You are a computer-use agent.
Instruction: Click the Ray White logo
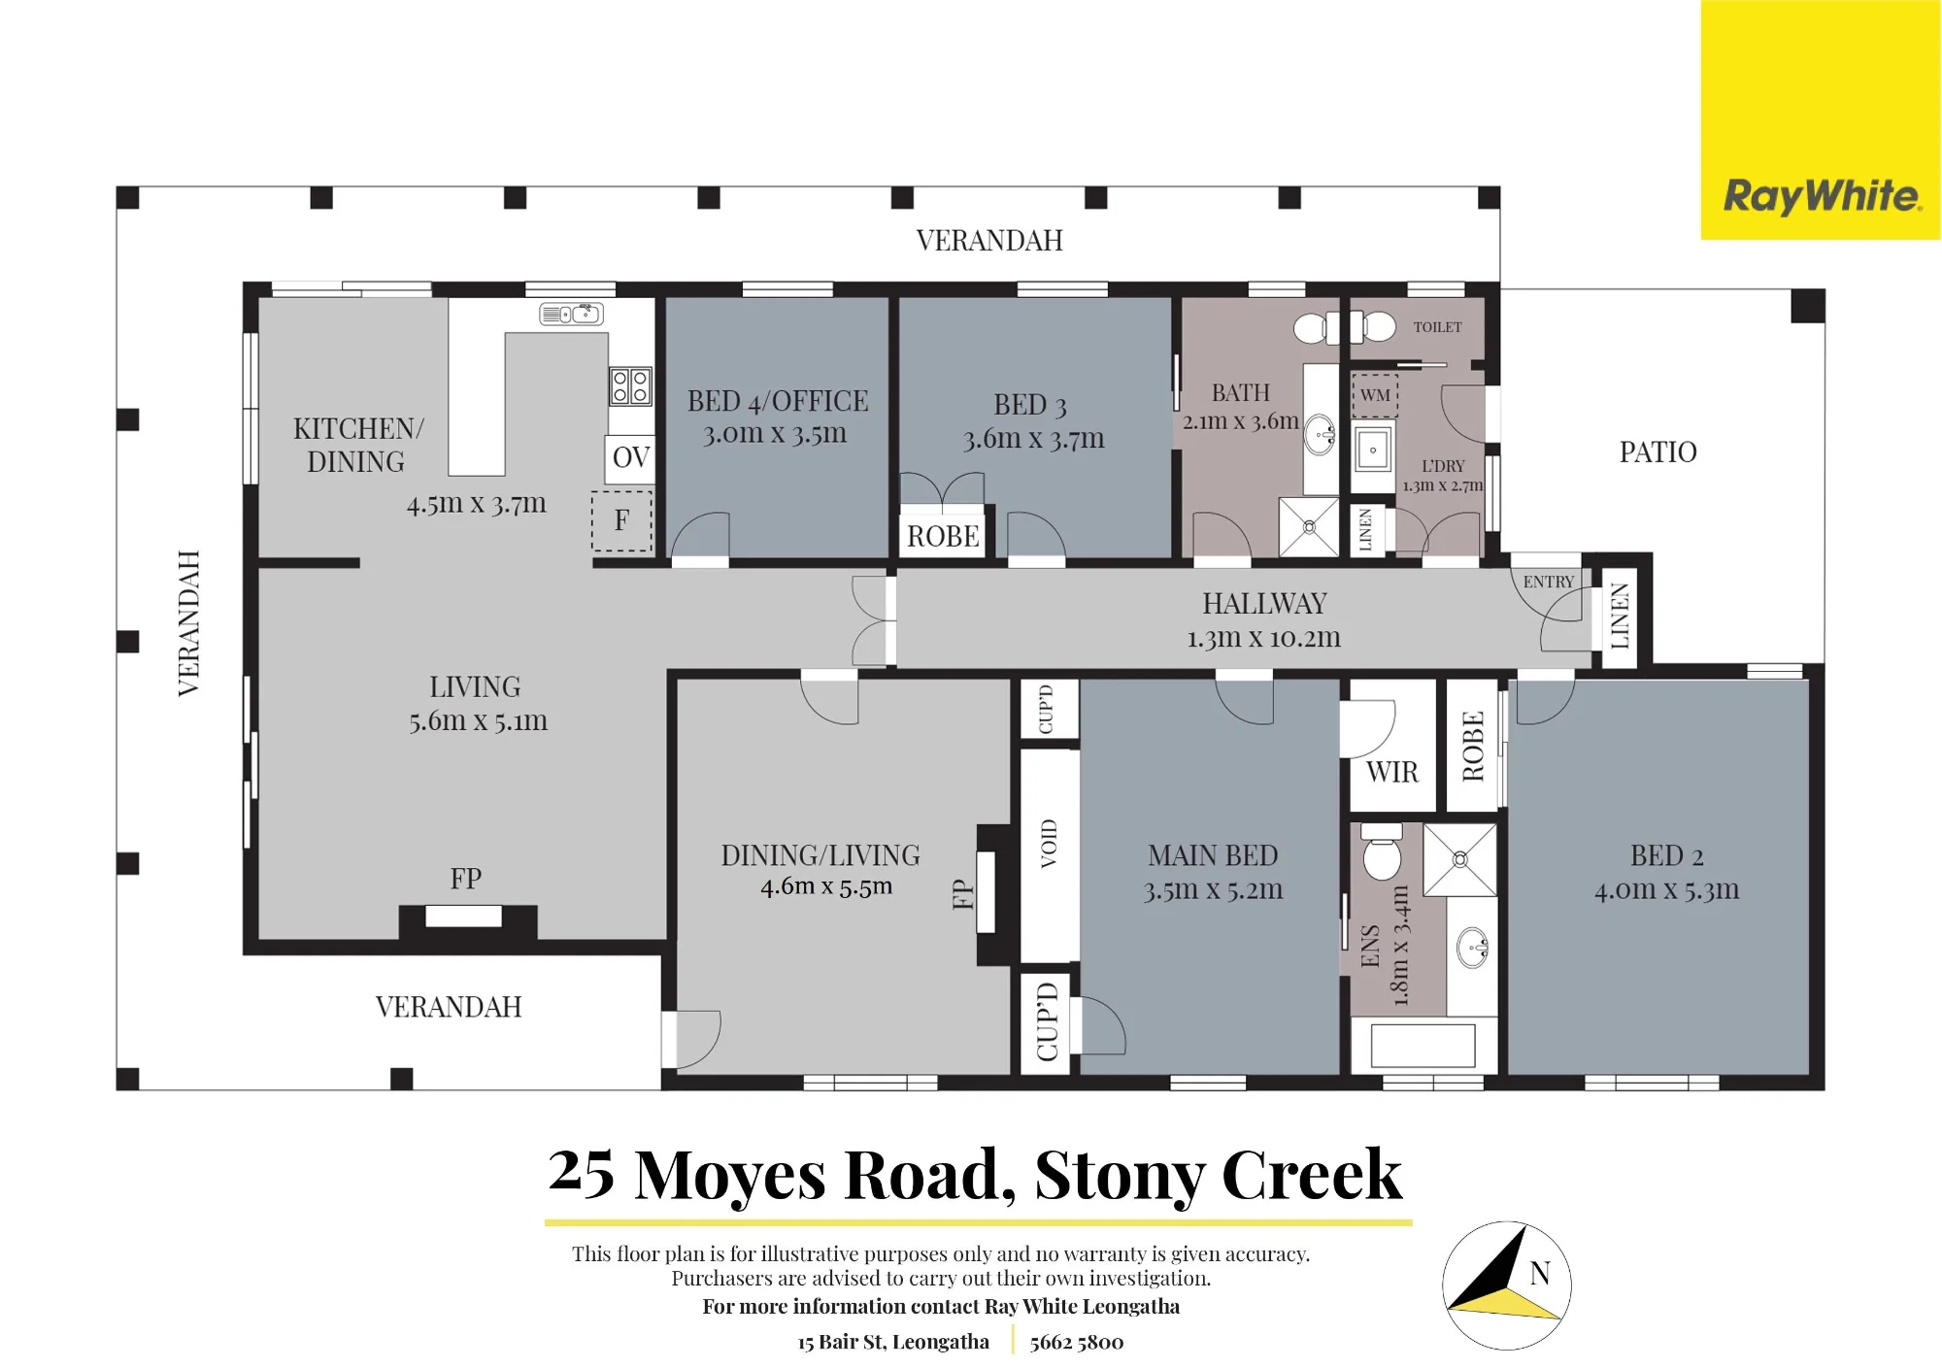click(1822, 196)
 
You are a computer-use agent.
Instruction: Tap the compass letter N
click(1540, 1273)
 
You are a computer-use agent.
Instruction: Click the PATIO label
click(1657, 451)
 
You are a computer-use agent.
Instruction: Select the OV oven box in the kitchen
click(631, 457)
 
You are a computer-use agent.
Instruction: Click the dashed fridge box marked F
click(621, 520)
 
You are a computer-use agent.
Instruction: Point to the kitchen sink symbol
click(572, 314)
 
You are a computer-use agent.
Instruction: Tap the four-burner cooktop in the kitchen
click(630, 385)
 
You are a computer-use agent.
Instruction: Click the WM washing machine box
click(1375, 395)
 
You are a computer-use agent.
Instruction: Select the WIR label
click(1391, 772)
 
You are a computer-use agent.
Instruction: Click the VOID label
click(1048, 843)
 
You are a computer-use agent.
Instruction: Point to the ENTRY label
click(1548, 582)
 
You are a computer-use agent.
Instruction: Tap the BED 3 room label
click(1030, 405)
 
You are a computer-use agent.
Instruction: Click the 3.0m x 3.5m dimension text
click(775, 433)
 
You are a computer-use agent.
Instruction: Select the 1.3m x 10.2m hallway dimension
click(1263, 637)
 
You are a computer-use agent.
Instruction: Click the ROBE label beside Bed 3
click(943, 536)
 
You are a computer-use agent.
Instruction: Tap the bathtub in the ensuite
click(1423, 1046)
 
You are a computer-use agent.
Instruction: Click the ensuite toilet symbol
click(1382, 851)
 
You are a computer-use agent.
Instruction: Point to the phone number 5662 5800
click(1077, 1342)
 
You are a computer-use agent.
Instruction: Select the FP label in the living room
click(466, 879)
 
